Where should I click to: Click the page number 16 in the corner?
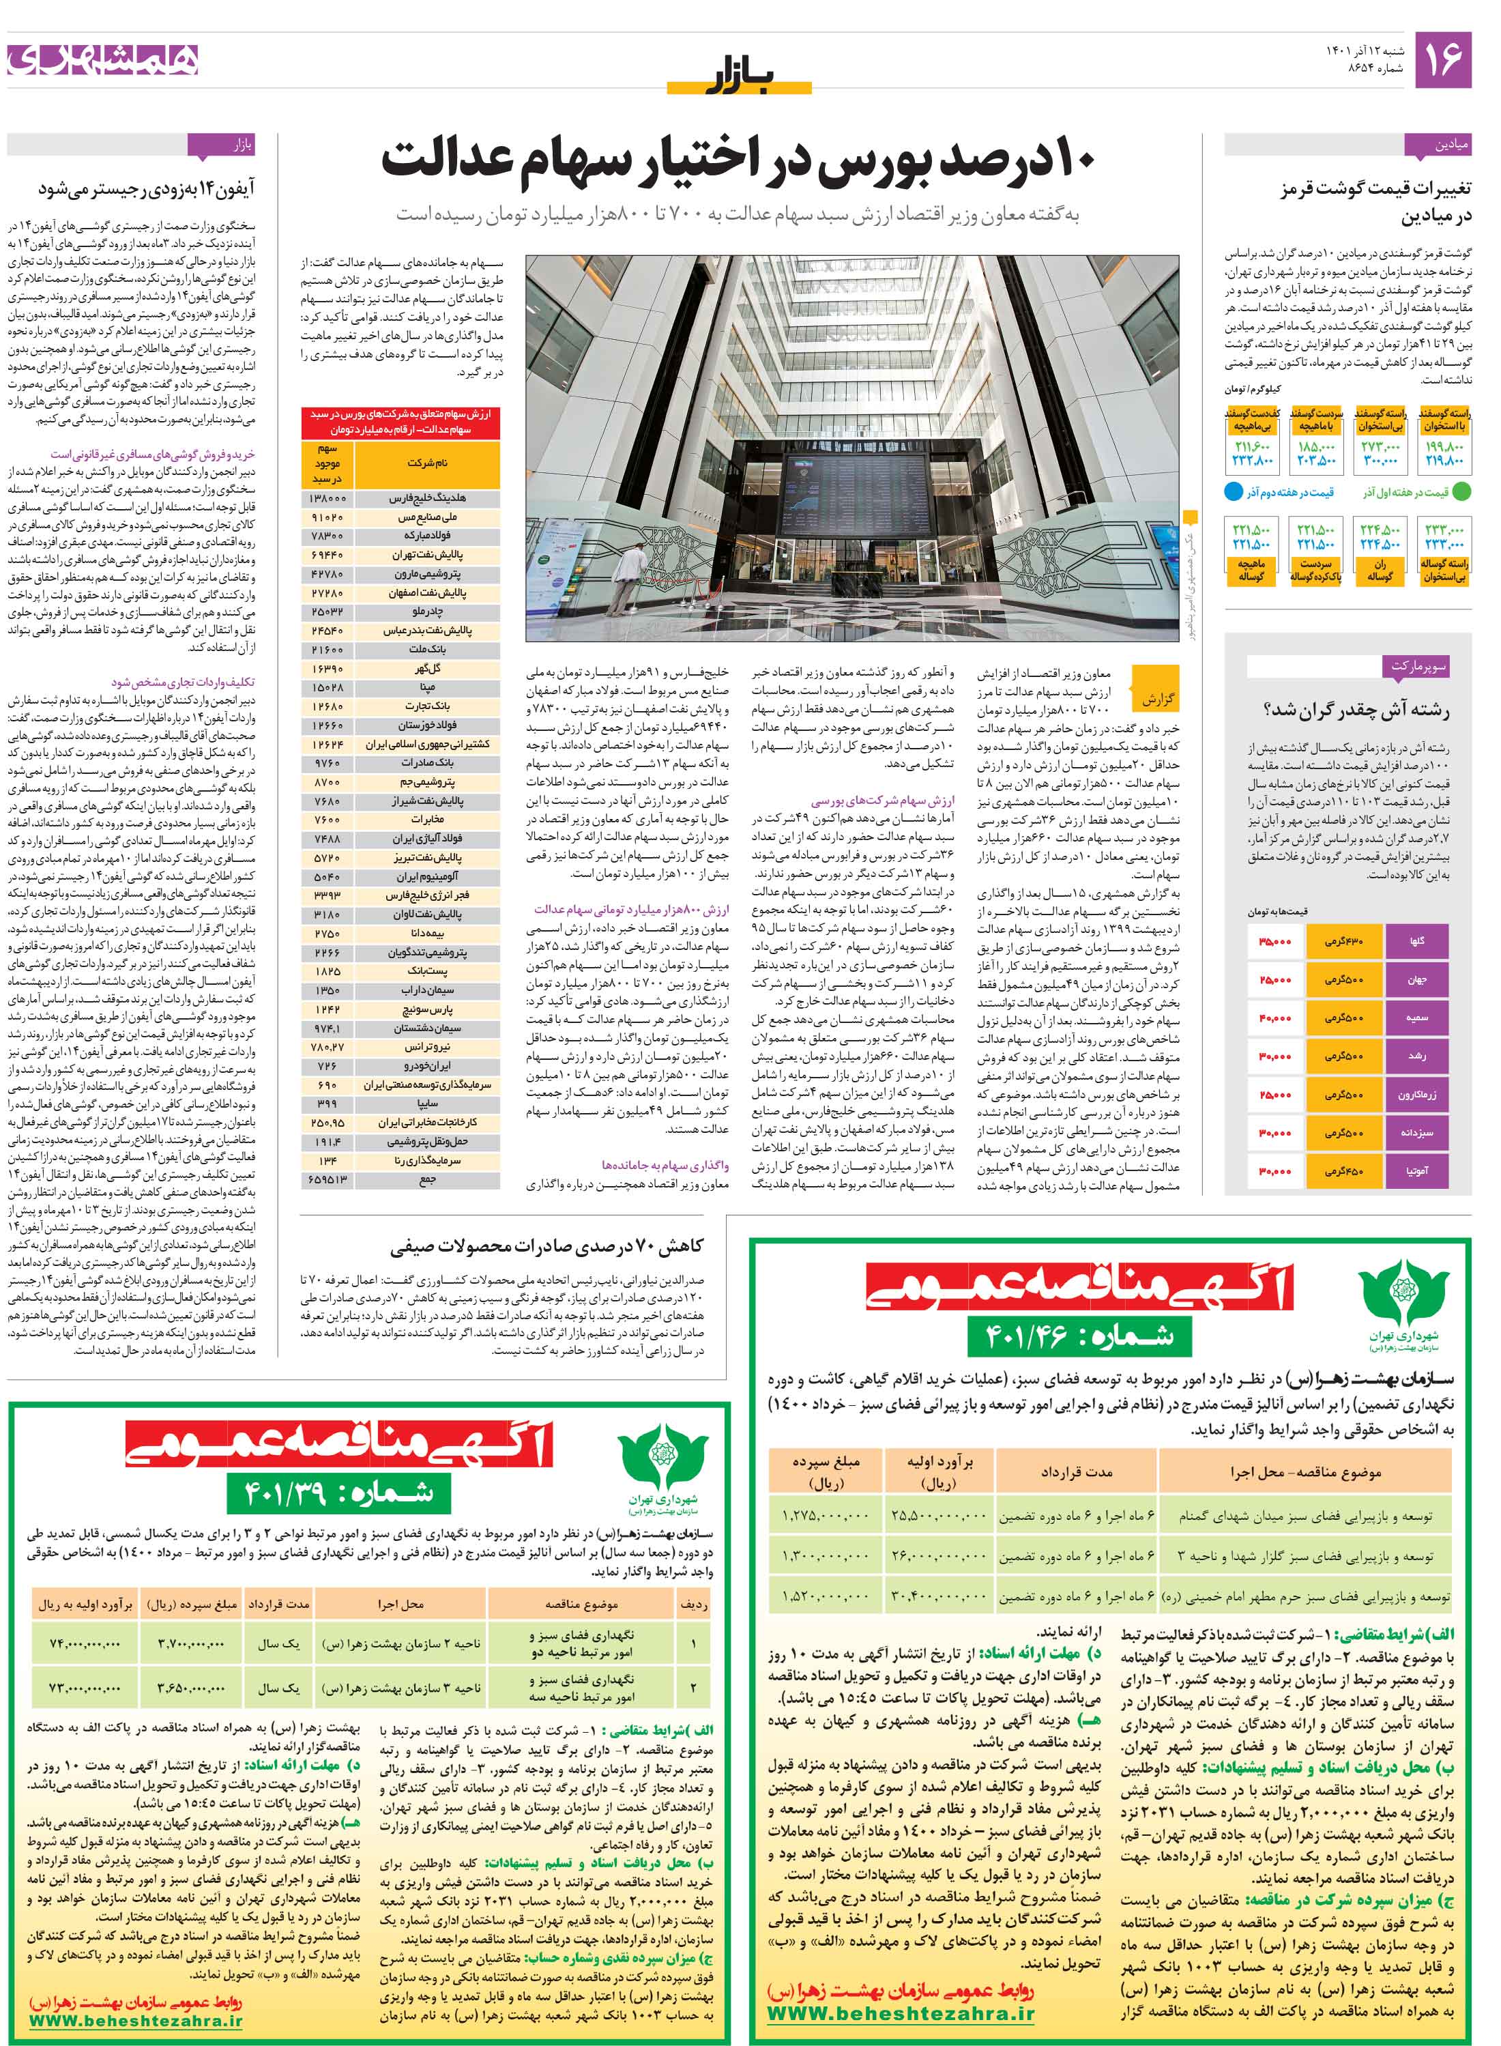click(1444, 59)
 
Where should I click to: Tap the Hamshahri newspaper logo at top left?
click(102, 60)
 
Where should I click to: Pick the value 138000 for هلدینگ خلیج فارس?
click(327, 499)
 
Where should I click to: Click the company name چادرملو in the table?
click(427, 611)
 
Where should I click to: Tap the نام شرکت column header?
click(427, 463)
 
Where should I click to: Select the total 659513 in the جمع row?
click(327, 1179)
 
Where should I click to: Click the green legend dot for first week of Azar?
click(1462, 492)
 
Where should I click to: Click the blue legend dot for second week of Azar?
click(1233, 492)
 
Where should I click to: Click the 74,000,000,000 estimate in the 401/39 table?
click(85, 1643)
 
